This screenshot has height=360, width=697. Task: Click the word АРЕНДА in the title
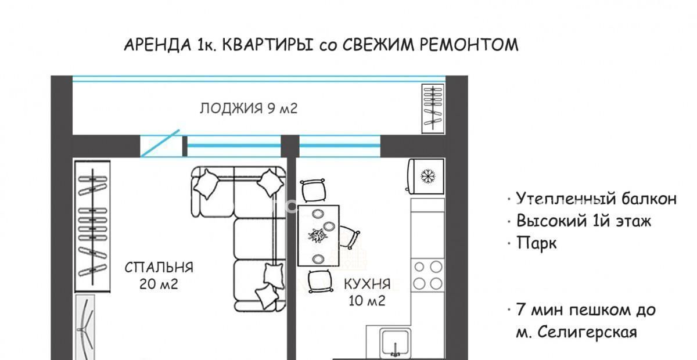point(157,45)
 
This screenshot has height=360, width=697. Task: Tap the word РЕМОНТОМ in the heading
point(469,45)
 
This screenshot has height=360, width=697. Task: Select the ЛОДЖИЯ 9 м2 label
point(249,108)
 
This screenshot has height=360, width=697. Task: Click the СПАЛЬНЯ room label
point(159,268)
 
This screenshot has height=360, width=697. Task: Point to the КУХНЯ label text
point(367,284)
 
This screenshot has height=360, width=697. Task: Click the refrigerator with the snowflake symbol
point(426,176)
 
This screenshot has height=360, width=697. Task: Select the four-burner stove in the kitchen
point(427,275)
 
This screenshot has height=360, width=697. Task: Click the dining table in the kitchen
point(318,236)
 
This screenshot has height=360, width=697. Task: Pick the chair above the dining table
point(314,190)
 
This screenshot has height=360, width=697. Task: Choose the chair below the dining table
point(321,281)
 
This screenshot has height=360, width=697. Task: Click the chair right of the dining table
point(349,237)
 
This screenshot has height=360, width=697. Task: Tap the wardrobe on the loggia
point(433,109)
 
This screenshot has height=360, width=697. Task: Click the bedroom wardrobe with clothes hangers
point(92,226)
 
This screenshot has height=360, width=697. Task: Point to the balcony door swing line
point(160,143)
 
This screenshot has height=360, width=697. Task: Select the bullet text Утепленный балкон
point(596,199)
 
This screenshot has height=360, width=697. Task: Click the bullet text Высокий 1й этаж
point(583,221)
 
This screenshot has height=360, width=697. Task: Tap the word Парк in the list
point(537,243)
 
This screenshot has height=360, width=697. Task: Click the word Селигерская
point(587,332)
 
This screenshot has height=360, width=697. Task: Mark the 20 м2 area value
point(159,284)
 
